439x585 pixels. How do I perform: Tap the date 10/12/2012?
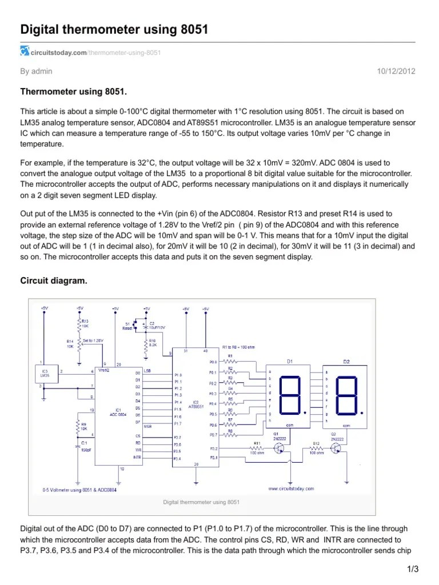(x=396, y=71)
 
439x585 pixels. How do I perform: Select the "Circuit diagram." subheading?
(x=54, y=281)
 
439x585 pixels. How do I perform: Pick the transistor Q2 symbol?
(x=339, y=448)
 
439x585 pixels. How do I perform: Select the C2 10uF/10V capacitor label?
(x=156, y=325)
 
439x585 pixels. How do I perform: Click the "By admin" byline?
(x=36, y=71)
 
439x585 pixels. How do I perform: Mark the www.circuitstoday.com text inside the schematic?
(x=290, y=488)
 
